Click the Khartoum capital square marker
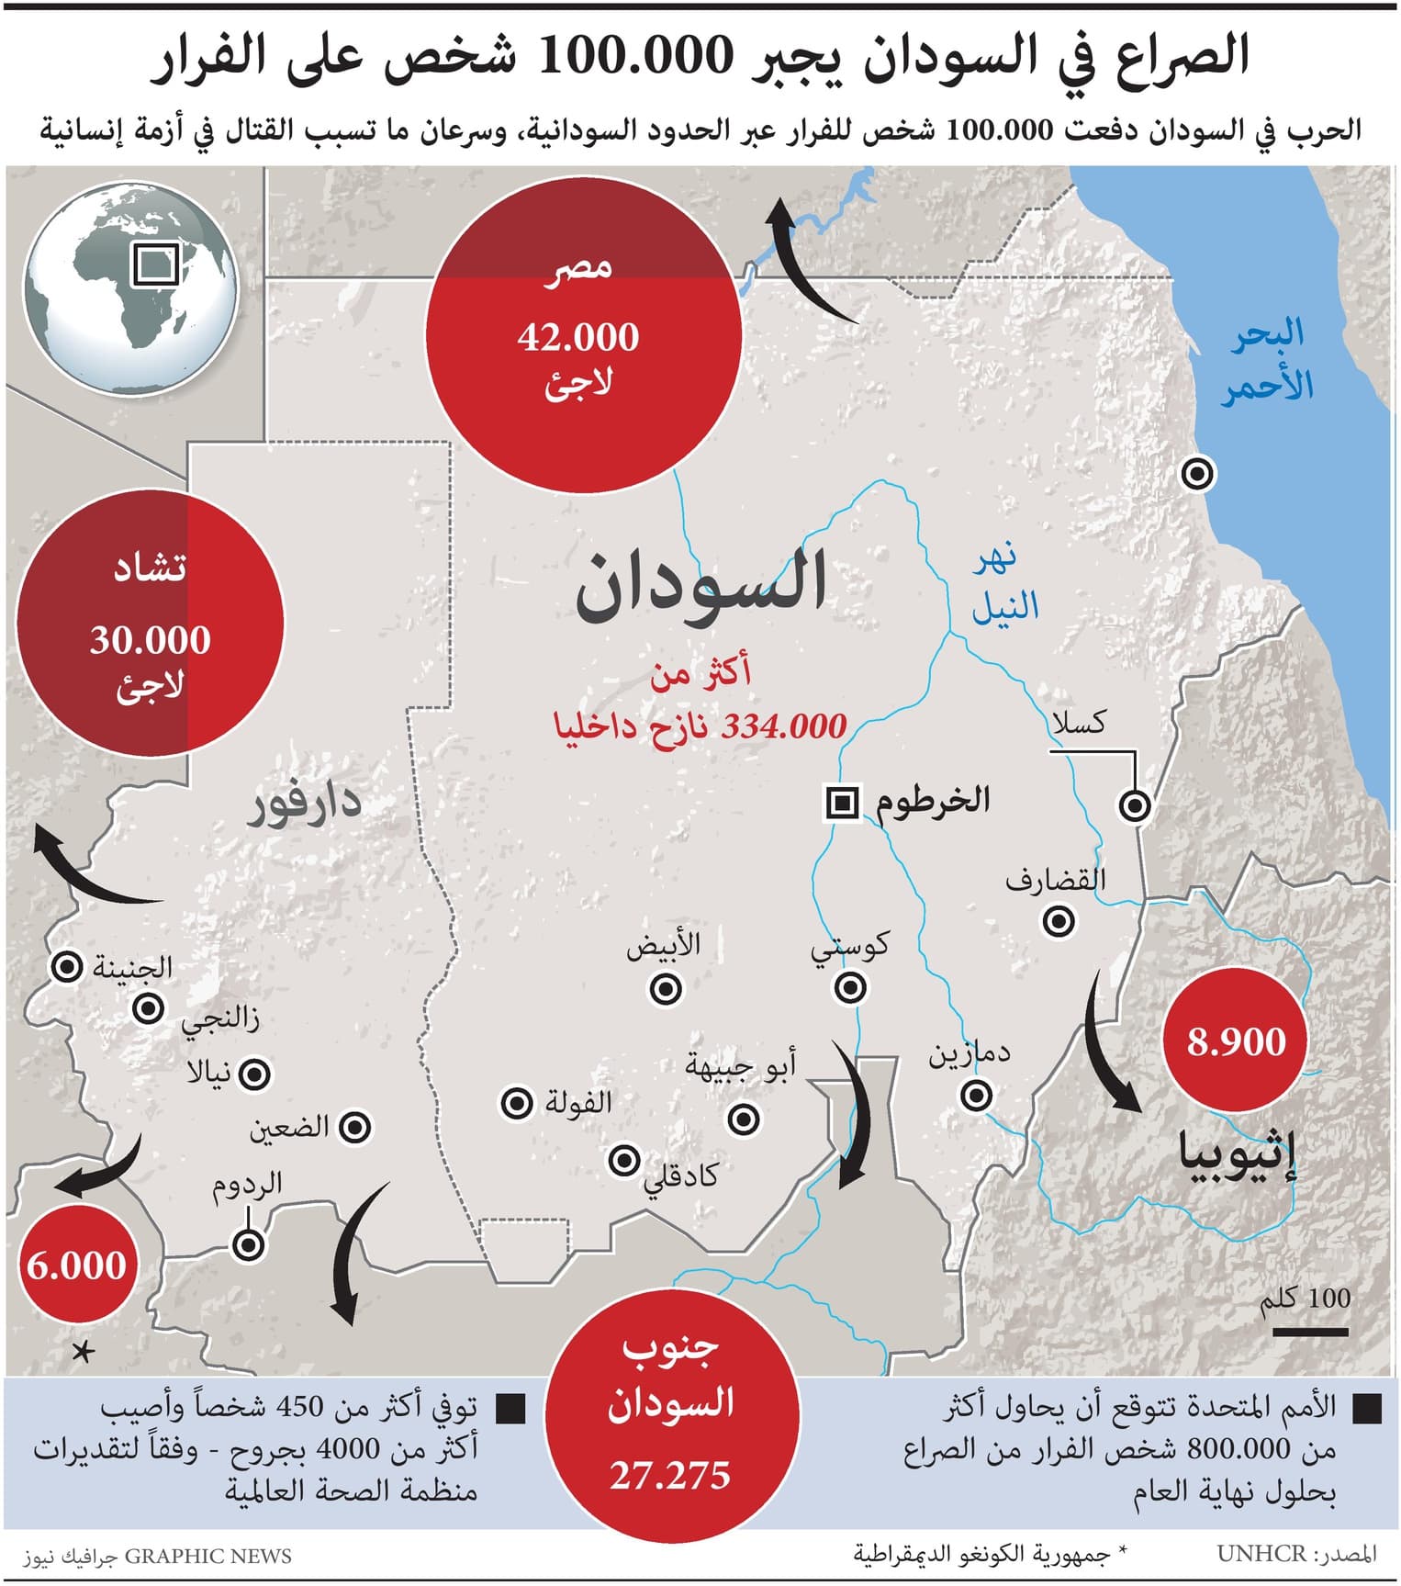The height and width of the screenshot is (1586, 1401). tap(842, 803)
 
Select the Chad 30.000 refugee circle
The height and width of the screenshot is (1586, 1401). tap(150, 624)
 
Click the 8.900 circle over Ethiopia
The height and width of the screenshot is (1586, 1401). tap(1236, 1041)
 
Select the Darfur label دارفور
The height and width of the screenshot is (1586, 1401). tap(303, 805)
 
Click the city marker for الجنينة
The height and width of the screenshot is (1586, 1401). tap(66, 967)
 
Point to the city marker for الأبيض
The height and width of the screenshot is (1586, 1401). tap(666, 989)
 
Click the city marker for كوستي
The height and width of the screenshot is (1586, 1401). tap(851, 987)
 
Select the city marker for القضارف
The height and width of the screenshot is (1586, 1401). tap(1059, 919)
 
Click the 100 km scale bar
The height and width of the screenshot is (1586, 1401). tap(1310, 1331)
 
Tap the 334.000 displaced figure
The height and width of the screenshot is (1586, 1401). tap(784, 726)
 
